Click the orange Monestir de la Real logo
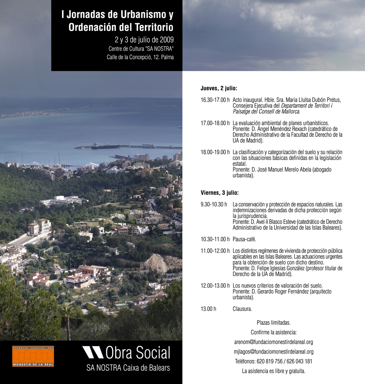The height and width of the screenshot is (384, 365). [x=33, y=356]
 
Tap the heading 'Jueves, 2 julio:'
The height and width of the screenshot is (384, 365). [x=219, y=88]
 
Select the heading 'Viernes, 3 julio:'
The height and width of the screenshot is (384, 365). [x=219, y=193]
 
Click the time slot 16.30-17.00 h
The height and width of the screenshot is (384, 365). [x=215, y=100]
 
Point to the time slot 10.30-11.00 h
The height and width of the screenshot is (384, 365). [x=215, y=239]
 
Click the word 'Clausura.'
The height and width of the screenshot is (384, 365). [x=242, y=309]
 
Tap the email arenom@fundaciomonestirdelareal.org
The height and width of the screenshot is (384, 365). [x=274, y=342]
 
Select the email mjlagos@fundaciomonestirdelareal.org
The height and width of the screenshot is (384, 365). [x=274, y=352]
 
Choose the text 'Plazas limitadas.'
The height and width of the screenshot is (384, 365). [x=274, y=323]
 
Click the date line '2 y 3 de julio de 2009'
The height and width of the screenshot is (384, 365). [x=144, y=40]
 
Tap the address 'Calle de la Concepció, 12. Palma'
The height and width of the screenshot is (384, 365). [x=140, y=57]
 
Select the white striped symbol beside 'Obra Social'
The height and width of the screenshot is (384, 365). [x=93, y=352]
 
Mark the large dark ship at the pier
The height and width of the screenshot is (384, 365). [x=106, y=146]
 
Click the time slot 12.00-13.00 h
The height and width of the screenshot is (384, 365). [x=215, y=286]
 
